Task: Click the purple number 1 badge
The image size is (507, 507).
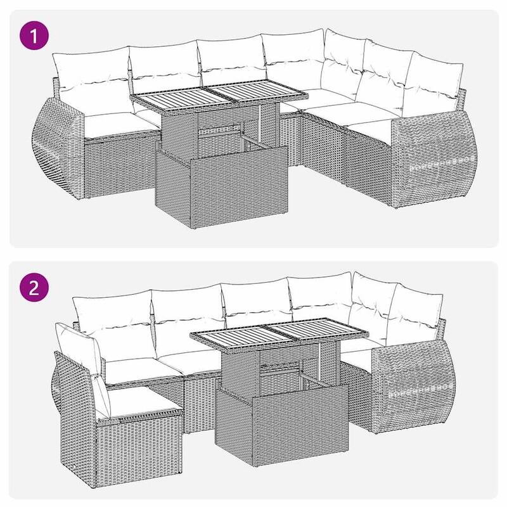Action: (x=35, y=35)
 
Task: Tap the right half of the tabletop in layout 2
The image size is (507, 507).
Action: (x=317, y=336)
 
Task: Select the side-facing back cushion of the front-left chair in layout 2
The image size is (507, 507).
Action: (x=79, y=352)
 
